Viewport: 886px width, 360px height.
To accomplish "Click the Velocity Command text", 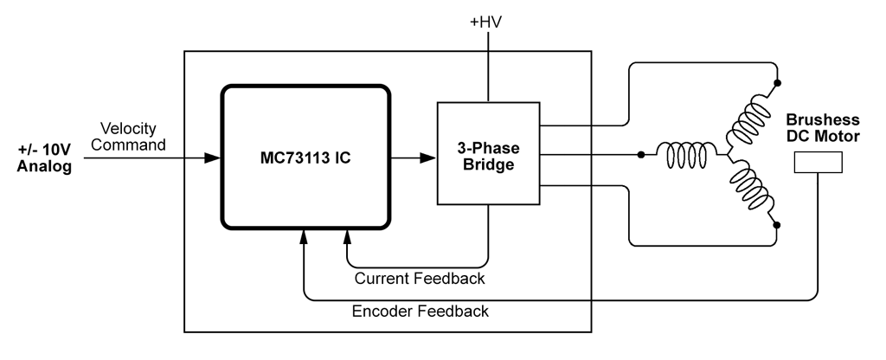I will coord(128,137).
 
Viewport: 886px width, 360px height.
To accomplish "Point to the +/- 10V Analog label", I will coord(44,157).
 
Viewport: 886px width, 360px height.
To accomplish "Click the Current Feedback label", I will coord(420,279).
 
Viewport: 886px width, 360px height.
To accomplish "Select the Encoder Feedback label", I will coord(421,312).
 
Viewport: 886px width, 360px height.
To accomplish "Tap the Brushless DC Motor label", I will coord(823,128).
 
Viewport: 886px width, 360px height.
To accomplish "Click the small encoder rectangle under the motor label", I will coord(818,163).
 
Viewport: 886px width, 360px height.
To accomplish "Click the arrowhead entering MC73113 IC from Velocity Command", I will coord(211,158).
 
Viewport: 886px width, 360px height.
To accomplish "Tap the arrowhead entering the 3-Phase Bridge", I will coord(427,158).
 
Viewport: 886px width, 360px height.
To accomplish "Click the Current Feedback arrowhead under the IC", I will coord(348,234).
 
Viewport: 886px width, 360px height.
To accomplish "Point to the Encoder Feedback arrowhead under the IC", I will coord(305,234).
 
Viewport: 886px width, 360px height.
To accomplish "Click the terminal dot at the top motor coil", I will coord(778,84).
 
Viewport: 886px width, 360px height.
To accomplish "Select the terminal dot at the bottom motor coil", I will coord(778,226).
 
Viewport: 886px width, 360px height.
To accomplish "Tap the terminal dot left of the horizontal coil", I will coord(640,156).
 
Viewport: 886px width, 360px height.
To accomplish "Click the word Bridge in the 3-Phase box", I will coord(487,164).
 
